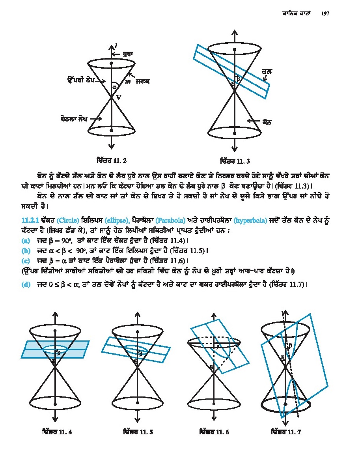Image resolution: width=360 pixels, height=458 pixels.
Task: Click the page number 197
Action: [325, 13]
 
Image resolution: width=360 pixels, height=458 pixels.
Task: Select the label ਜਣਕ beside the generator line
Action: [143, 81]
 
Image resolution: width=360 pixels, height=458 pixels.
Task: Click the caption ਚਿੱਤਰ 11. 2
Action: [111, 161]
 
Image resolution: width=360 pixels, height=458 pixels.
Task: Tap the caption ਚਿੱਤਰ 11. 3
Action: [235, 161]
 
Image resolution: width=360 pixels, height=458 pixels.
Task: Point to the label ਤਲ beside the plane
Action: [267, 72]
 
